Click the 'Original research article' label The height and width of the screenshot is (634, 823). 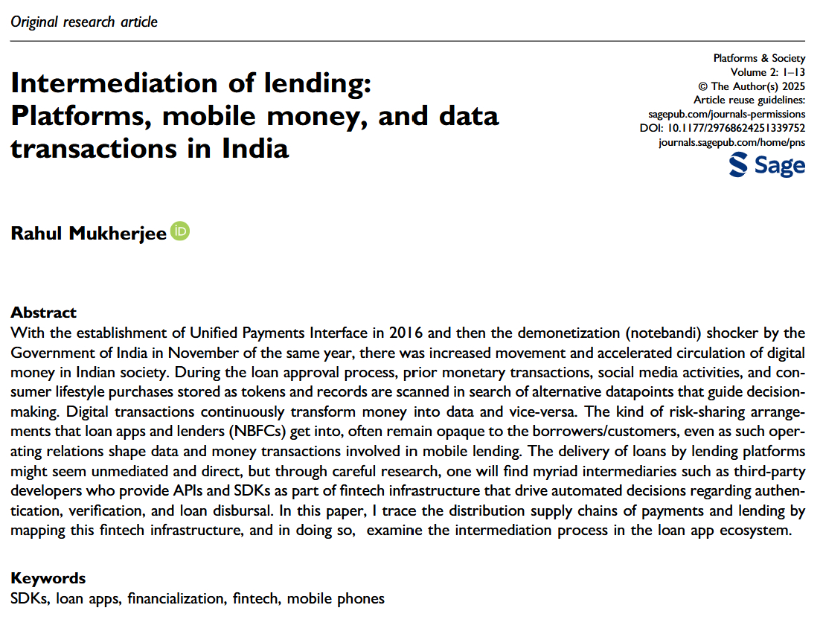tap(84, 22)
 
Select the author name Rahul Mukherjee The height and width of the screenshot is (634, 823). tap(89, 234)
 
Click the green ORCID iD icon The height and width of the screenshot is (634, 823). tap(181, 231)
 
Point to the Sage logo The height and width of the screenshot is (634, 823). tap(767, 165)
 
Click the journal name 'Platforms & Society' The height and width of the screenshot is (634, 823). tap(759, 58)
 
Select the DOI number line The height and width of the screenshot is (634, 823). tap(723, 128)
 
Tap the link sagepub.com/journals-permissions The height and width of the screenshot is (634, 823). tap(728, 114)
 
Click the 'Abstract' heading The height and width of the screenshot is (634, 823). tap(43, 313)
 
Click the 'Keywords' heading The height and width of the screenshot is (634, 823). tap(48, 578)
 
